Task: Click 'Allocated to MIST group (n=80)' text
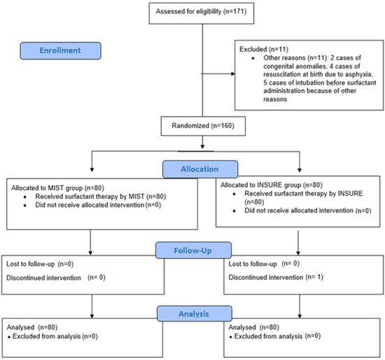[59, 187]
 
